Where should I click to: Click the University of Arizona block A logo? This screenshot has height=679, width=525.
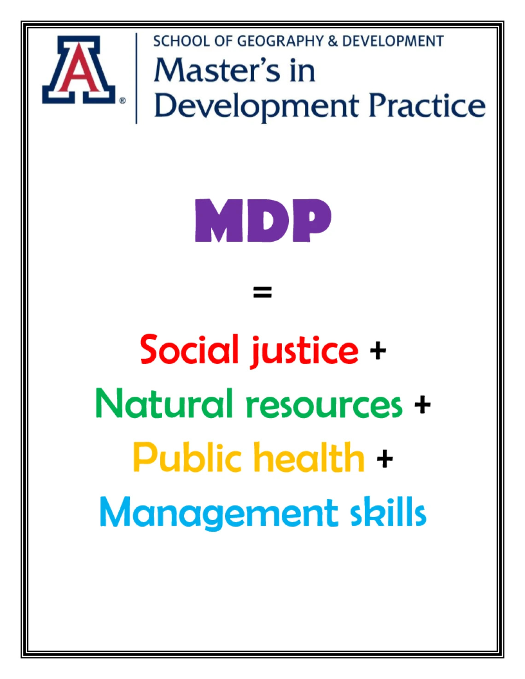(79, 70)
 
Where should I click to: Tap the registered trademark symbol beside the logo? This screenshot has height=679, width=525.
(122, 101)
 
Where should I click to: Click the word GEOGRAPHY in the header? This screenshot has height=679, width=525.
(280, 41)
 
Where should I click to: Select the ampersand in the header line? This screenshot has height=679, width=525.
(333, 41)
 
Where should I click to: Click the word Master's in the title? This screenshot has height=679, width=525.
(217, 70)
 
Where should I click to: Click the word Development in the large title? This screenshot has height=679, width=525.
(256, 108)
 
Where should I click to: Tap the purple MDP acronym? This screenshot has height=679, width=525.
(263, 221)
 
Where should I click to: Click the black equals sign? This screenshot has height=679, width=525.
(262, 292)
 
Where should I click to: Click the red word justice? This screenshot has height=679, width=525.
(304, 352)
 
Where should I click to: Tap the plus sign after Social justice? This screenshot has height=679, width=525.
(378, 351)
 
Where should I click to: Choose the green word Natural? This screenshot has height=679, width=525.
(164, 403)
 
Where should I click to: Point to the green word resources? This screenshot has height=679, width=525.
(324, 406)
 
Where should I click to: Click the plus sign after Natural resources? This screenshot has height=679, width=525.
(422, 405)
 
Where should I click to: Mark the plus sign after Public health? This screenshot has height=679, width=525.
(385, 459)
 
